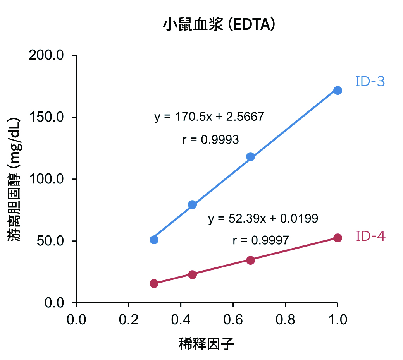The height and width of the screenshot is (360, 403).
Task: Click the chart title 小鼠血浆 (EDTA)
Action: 219,26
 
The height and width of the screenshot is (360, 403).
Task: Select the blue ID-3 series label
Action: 370,82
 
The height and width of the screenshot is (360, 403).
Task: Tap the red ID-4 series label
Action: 370,236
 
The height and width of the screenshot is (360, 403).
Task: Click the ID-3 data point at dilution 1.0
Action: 338,91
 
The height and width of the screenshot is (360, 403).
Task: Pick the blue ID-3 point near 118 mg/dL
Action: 250,157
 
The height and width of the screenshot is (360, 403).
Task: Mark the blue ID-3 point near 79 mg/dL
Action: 193,205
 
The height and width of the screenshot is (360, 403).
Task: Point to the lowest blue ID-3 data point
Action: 154,240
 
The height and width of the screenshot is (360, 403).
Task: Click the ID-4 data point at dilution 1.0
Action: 338,238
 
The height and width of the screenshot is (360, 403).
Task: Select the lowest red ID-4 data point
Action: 154,283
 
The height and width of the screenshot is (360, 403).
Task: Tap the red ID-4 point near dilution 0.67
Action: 250,260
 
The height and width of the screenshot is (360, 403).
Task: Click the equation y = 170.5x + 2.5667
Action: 209,117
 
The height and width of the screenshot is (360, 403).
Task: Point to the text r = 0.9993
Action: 210,140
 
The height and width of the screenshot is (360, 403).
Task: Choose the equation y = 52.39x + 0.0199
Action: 263,219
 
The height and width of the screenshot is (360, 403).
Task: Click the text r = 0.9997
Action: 261,240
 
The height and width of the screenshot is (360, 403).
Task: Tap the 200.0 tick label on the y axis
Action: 46,55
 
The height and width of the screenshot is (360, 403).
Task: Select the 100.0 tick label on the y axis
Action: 46,179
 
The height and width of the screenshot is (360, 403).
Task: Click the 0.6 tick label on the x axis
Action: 233,320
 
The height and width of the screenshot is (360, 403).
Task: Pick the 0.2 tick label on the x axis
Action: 128,320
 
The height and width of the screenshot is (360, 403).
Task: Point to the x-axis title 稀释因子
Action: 207,343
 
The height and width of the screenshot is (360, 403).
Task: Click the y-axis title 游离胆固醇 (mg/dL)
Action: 15,179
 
